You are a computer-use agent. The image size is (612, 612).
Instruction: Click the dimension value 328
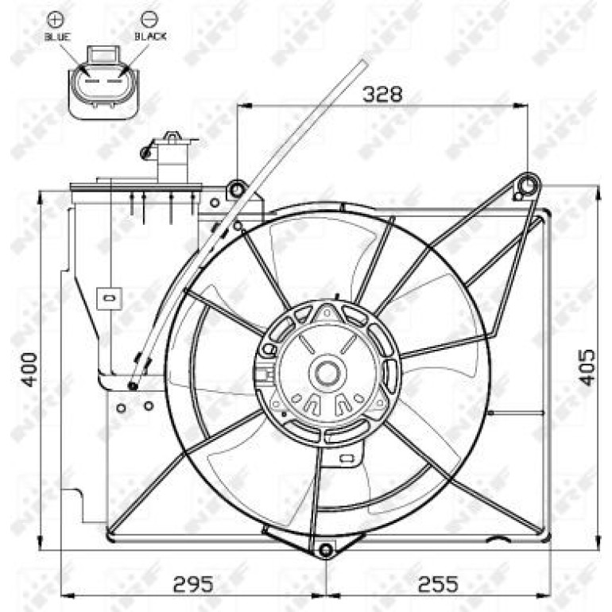382,94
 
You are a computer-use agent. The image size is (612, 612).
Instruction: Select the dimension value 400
29,370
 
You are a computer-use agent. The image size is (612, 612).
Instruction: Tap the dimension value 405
587,367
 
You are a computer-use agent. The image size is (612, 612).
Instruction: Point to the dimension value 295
193,584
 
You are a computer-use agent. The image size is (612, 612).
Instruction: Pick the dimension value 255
437,584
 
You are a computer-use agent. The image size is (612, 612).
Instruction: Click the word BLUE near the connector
57,37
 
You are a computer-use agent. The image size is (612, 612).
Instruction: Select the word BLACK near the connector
151,37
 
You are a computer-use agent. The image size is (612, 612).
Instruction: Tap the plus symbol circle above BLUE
56,19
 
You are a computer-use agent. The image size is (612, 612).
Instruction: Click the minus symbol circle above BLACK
149,19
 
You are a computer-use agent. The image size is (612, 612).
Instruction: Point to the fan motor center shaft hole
327,373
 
